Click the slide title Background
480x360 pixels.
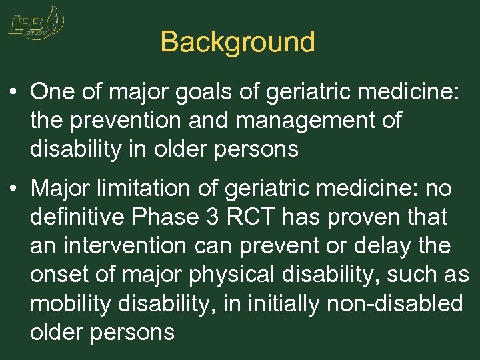(x=237, y=42)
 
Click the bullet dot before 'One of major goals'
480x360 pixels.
(x=13, y=91)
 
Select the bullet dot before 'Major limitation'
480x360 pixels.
(x=13, y=189)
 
